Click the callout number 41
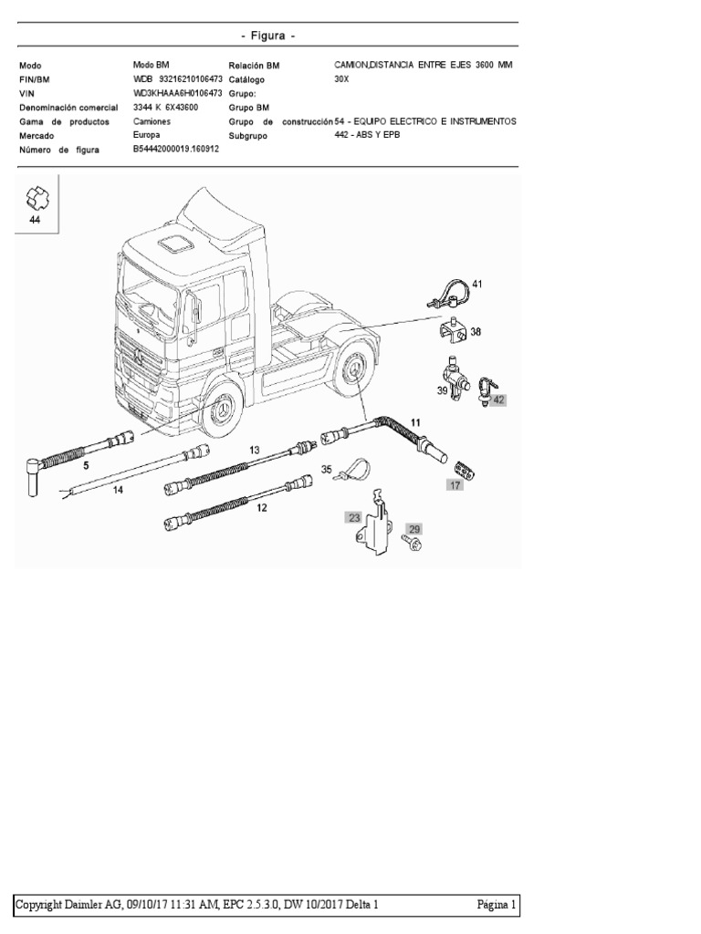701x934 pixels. [x=476, y=285]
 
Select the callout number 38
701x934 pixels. [x=476, y=334]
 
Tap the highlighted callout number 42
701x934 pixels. [x=498, y=400]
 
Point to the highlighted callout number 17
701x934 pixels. [x=454, y=485]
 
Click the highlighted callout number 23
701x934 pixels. [x=353, y=517]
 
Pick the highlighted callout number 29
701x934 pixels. [x=413, y=529]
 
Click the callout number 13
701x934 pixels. [x=255, y=450]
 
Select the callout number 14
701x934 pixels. [x=118, y=490]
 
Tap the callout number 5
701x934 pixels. [x=87, y=465]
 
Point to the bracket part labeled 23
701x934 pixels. [x=374, y=527]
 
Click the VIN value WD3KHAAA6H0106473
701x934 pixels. [x=178, y=93]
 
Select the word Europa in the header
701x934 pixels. [x=147, y=134]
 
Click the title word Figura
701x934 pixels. [x=268, y=36]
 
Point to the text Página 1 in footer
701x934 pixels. [x=497, y=905]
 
